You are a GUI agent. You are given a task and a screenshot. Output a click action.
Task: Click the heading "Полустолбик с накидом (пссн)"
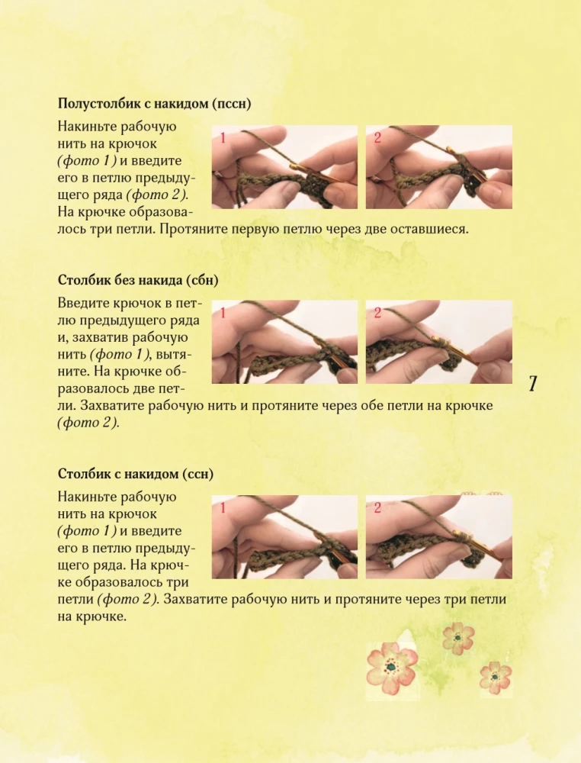tap(154, 104)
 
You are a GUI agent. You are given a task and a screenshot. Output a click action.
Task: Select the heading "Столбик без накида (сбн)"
tap(138, 280)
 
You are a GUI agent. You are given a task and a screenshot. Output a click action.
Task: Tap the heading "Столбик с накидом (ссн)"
tap(136, 474)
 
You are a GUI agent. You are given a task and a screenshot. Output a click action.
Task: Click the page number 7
tap(533, 384)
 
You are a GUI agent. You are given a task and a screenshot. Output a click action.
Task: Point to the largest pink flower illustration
tap(392, 667)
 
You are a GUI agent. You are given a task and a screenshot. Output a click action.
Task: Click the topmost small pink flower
tap(458, 638)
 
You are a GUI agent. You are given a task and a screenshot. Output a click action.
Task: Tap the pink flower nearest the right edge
tap(496, 677)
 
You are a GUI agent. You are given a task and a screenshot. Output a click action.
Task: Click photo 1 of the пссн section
tap(284, 167)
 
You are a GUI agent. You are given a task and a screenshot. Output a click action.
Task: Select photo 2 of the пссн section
tap(439, 167)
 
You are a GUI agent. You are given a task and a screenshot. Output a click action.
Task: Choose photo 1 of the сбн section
tap(284, 342)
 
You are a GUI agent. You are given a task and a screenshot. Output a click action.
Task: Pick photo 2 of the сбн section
tap(439, 342)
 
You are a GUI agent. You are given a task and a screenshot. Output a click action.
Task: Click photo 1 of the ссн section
tap(284, 536)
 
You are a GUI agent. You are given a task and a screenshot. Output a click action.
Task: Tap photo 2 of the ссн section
tap(439, 536)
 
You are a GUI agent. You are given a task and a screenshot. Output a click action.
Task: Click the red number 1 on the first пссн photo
tap(223, 138)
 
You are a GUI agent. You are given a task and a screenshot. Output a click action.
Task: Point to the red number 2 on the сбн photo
tap(377, 313)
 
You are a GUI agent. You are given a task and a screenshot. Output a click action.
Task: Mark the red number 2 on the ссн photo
tap(377, 508)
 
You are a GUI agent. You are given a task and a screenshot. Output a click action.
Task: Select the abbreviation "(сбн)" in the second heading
tap(202, 280)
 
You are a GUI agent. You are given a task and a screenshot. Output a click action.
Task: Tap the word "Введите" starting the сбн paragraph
tap(83, 303)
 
